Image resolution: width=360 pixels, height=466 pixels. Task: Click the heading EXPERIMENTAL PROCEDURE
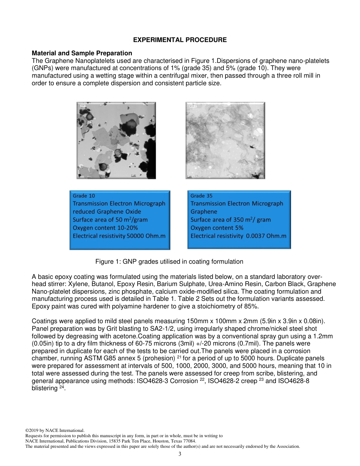[x=180, y=40]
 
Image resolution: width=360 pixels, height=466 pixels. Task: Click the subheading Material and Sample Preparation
[x=82, y=53]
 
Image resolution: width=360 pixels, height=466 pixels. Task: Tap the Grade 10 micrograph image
[x=116, y=140]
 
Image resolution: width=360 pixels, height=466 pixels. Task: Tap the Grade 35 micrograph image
[x=225, y=140]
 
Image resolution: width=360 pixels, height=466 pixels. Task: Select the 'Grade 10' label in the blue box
[x=84, y=196]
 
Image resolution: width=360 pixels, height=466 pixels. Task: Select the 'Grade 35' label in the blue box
[x=201, y=196]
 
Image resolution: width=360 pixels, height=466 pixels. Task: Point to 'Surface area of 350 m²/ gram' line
[x=230, y=220]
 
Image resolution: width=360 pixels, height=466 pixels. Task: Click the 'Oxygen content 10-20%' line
[x=105, y=228]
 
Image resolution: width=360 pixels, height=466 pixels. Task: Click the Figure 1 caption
[x=169, y=261]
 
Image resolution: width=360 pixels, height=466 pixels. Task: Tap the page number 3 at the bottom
[x=180, y=454]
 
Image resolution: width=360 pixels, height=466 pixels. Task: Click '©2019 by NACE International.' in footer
[x=55, y=430]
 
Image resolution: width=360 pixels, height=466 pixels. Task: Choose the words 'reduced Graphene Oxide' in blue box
[x=106, y=211]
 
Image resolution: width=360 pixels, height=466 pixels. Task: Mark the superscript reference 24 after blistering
[x=62, y=387]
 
